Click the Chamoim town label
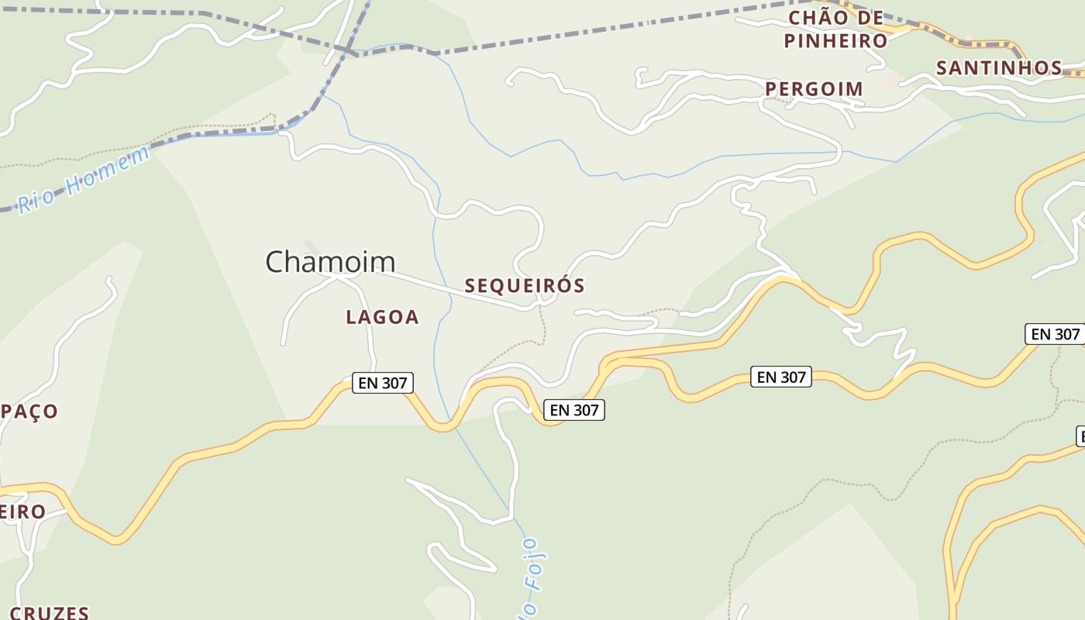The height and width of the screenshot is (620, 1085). coord(330,261)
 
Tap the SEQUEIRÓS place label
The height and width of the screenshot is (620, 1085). coord(525,286)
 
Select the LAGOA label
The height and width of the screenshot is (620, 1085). coord(382,317)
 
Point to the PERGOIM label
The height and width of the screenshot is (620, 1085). coord(814,89)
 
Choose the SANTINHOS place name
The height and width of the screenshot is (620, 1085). coord(999,68)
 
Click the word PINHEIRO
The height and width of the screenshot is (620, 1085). coord(835,40)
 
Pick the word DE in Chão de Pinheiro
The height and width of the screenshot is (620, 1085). coord(872,18)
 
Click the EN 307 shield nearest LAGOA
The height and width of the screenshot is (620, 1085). coord(383,382)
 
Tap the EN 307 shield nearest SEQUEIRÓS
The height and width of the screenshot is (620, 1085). coord(573,410)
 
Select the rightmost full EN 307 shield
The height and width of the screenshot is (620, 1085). coord(1053,334)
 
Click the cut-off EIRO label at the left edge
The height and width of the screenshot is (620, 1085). coord(22,512)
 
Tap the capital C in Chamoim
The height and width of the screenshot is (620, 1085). coord(276,262)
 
